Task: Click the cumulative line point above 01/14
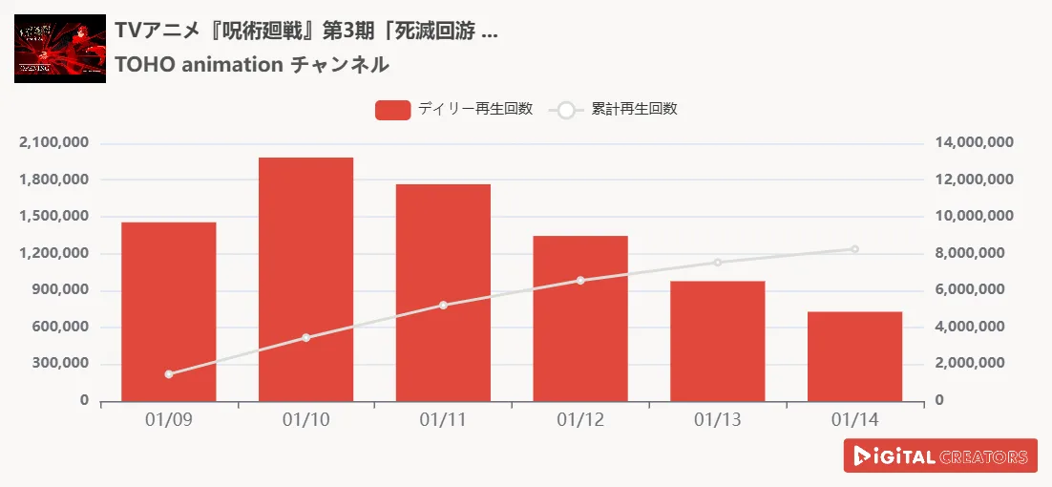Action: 854,249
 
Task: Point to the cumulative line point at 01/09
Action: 169,374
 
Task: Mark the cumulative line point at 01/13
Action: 718,262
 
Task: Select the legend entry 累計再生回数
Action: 616,110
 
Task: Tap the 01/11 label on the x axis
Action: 443,420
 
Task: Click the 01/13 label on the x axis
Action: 718,420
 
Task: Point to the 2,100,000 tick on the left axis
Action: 53,143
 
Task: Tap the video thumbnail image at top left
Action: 60,49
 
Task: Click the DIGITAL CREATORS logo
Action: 940,456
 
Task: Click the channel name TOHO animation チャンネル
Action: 251,65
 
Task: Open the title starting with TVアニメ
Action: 305,31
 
